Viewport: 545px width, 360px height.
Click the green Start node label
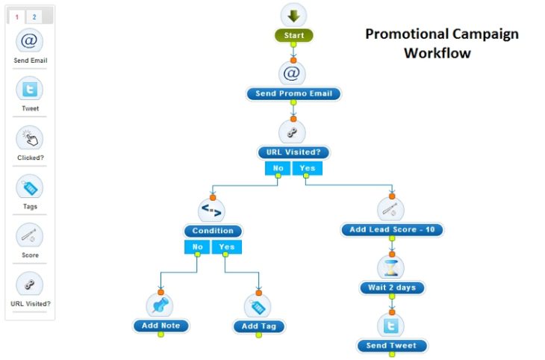pos(293,35)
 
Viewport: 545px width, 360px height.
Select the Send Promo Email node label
pos(293,93)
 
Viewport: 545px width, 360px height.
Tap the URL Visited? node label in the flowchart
pos(293,152)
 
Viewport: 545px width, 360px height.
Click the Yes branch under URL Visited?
pos(307,168)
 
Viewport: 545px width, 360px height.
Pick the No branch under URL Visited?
pos(278,168)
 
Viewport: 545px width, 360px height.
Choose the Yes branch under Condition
pos(226,246)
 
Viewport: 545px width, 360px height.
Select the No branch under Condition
pos(198,246)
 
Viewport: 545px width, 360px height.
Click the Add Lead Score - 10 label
pos(392,229)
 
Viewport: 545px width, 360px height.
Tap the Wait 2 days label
pos(392,288)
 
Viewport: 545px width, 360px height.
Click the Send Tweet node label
pos(392,345)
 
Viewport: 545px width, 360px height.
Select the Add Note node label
pos(161,326)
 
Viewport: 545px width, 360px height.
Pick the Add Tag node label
pos(259,326)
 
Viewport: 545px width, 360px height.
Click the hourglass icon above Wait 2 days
pos(391,267)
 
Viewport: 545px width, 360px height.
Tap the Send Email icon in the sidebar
pos(30,40)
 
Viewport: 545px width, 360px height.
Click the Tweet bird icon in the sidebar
pos(30,89)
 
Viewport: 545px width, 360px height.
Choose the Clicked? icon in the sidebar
pos(30,138)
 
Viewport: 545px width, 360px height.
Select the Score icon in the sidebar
pos(30,236)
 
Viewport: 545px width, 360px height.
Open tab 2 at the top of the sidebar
pos(34,16)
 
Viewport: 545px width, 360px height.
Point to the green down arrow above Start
pos(293,15)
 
